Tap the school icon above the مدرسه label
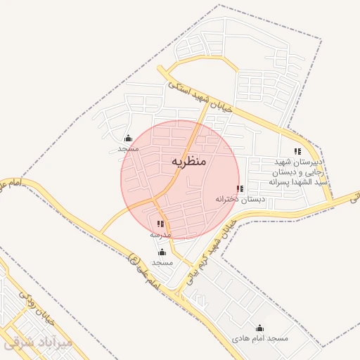pos(160,224)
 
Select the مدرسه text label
pos(160,234)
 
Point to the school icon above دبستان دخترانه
pos(240,189)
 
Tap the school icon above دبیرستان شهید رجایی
pos(297,151)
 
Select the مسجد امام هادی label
pos(261,338)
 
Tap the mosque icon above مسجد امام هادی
pos(260,328)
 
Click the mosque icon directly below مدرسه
pos(162,252)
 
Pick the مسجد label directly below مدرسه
pos(162,262)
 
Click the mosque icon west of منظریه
pos(128,139)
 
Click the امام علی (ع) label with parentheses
pos(140,274)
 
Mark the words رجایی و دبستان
pos(294,172)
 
